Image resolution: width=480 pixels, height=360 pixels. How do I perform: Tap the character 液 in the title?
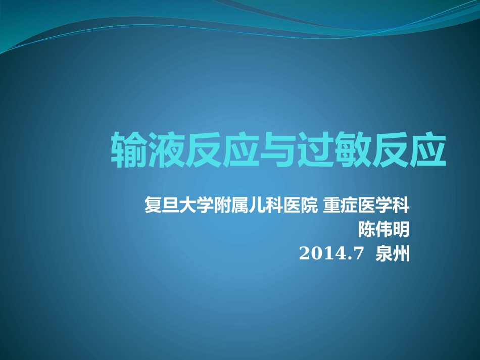coord(166,150)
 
